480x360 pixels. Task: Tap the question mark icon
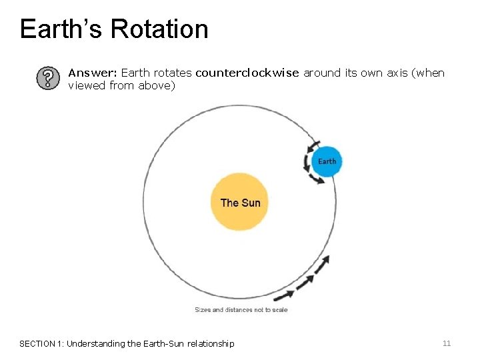(46, 79)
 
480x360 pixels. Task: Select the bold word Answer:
(93, 73)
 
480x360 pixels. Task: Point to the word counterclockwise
(247, 73)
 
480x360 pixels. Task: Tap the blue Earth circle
(327, 161)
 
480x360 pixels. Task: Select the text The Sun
(240, 203)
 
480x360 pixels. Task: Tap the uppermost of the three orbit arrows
(321, 265)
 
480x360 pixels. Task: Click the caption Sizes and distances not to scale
(241, 310)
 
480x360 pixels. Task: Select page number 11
(447, 343)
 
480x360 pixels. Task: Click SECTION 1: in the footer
(42, 344)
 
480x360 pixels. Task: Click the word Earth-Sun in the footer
(155, 344)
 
